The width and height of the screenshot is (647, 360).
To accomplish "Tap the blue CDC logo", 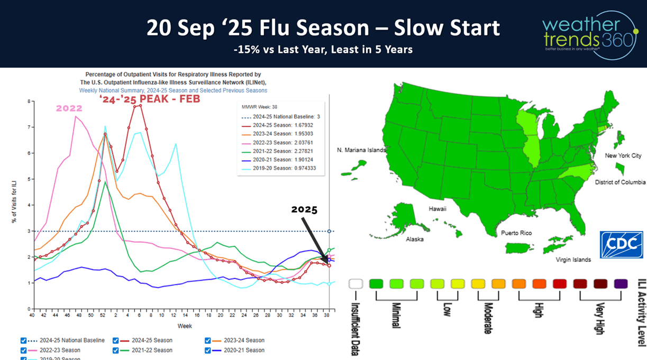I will click(621, 245).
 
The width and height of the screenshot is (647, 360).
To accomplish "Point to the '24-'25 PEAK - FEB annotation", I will click(150, 98).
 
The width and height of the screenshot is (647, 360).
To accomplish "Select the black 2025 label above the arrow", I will click(304, 209).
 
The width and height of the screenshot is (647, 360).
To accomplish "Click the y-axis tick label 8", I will click(29, 101).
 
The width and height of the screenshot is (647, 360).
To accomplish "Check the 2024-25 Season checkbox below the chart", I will click(116, 340).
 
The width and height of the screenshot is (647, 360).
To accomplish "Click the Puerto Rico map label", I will click(516, 233).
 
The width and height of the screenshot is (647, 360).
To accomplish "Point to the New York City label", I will click(623, 156).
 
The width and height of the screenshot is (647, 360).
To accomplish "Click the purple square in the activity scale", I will click(621, 284).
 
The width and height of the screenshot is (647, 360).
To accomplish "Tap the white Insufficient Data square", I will click(356, 284).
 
